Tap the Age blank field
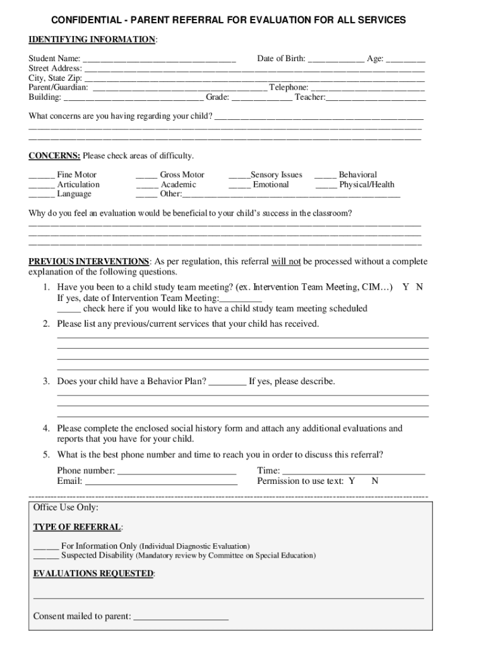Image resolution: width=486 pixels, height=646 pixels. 405,59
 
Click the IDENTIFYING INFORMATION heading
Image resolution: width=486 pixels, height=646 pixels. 92,40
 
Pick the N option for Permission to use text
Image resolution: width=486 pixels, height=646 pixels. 375,481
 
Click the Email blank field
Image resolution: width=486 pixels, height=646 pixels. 161,482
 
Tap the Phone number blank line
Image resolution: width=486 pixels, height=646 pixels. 177,471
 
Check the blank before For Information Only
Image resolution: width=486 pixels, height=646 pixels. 45,546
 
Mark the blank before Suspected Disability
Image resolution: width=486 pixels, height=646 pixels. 45,556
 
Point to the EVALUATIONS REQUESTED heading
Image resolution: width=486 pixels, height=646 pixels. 93,573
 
